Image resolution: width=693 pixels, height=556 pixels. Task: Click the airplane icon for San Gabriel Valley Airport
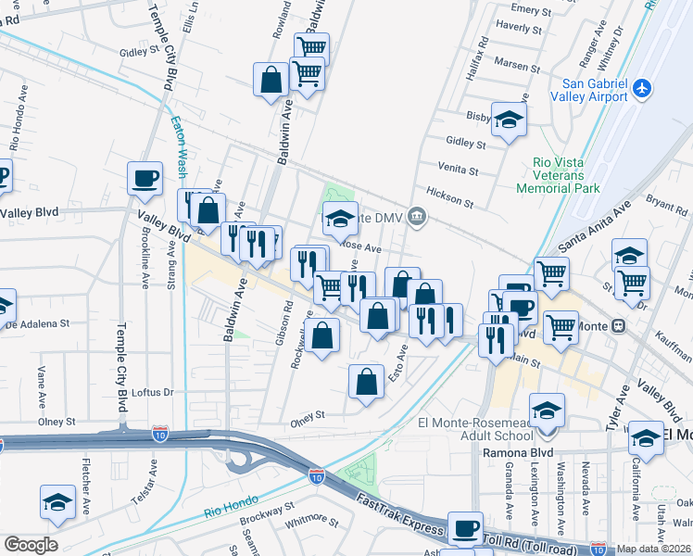(x=642, y=89)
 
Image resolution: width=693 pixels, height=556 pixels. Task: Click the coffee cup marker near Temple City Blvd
(x=144, y=179)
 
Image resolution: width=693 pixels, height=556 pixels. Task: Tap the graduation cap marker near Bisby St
(x=509, y=120)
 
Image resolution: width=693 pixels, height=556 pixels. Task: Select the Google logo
(x=31, y=545)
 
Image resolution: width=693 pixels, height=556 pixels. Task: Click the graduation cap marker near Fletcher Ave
(x=58, y=502)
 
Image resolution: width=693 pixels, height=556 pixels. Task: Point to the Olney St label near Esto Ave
(x=309, y=415)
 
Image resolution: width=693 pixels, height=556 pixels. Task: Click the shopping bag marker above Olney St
(x=367, y=382)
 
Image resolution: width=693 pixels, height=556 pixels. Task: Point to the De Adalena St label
(x=39, y=324)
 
